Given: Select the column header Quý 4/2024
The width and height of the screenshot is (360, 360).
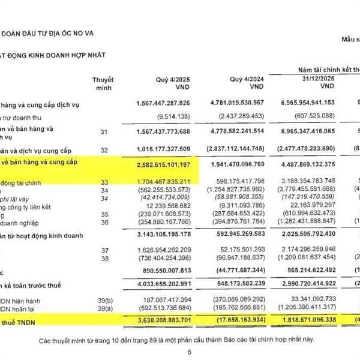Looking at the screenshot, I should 246,80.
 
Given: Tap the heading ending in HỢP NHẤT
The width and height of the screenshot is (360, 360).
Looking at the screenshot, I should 54,55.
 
